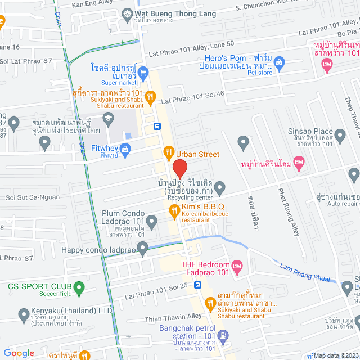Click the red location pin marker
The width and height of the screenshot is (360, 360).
coord(179,168)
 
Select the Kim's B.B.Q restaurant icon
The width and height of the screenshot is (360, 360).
coord(174,209)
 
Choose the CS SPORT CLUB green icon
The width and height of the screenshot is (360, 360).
coord(79,289)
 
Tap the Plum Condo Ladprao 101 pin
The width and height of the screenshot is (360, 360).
coord(150,219)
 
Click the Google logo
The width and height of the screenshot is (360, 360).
coord(19,353)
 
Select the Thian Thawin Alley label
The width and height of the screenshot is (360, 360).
coord(173,317)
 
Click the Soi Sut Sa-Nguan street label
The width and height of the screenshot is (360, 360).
coord(31,198)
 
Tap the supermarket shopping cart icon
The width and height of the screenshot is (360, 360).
coord(143,71)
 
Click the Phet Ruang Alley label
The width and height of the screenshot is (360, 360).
coord(289,211)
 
